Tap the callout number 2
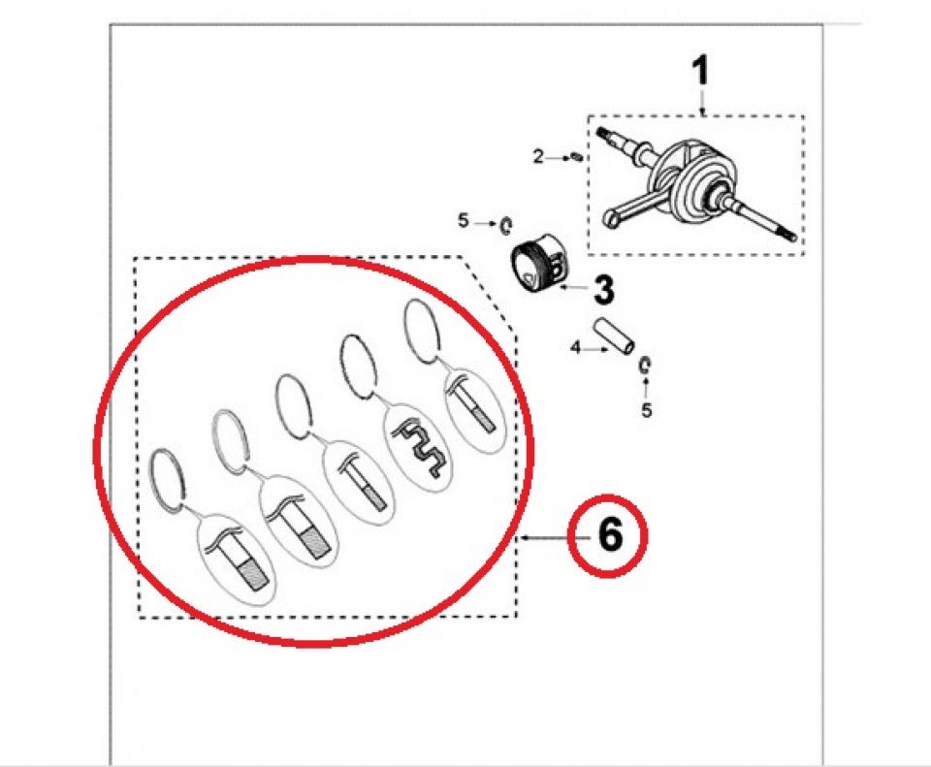click(x=538, y=157)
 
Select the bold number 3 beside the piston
click(x=603, y=290)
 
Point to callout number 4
click(x=575, y=348)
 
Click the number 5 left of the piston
click(x=464, y=221)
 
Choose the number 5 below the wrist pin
click(x=647, y=410)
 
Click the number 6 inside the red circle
click(x=610, y=535)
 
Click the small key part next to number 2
click(x=576, y=157)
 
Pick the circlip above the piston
click(x=507, y=225)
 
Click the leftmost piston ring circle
click(x=169, y=479)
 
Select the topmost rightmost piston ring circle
click(x=422, y=331)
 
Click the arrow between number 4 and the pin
click(x=595, y=349)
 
